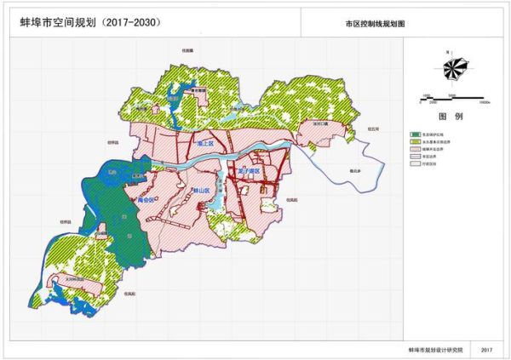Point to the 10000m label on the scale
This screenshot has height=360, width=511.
[x=484, y=101]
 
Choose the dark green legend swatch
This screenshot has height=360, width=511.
[x=415, y=134]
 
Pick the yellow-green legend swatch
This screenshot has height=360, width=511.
[x=415, y=141]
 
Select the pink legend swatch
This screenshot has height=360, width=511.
[x=415, y=150]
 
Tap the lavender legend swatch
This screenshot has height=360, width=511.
[x=415, y=157]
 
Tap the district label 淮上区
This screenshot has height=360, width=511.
[x=204, y=146]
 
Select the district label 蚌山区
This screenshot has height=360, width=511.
[x=201, y=191]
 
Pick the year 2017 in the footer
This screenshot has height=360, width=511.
[x=486, y=350]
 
